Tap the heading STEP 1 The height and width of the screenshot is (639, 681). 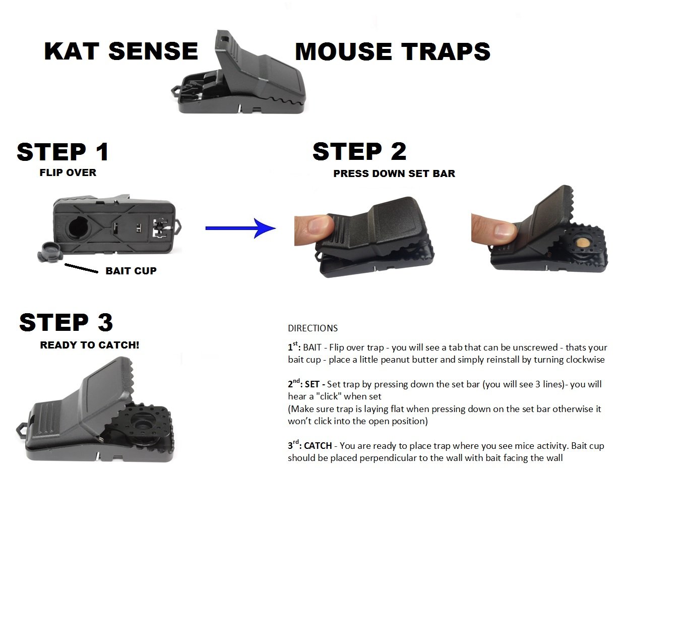tap(63, 152)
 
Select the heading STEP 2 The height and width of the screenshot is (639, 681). tap(359, 151)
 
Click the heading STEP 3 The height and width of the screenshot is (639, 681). tap(66, 323)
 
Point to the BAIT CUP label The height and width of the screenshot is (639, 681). tap(131, 271)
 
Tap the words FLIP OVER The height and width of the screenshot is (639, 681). tap(68, 172)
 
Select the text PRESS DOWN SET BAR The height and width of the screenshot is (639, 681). tap(394, 173)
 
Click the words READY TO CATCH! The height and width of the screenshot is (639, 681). tap(90, 345)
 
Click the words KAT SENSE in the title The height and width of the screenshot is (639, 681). tap(121, 51)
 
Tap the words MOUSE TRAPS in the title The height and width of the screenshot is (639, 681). tap(392, 52)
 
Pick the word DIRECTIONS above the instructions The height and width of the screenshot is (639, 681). tap(313, 328)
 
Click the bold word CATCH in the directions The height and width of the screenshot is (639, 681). tap(318, 446)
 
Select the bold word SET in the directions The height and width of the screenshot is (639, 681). tap(313, 384)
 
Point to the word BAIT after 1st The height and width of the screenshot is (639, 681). tap(312, 347)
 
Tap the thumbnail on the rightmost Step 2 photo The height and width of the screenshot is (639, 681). tap(504, 231)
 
